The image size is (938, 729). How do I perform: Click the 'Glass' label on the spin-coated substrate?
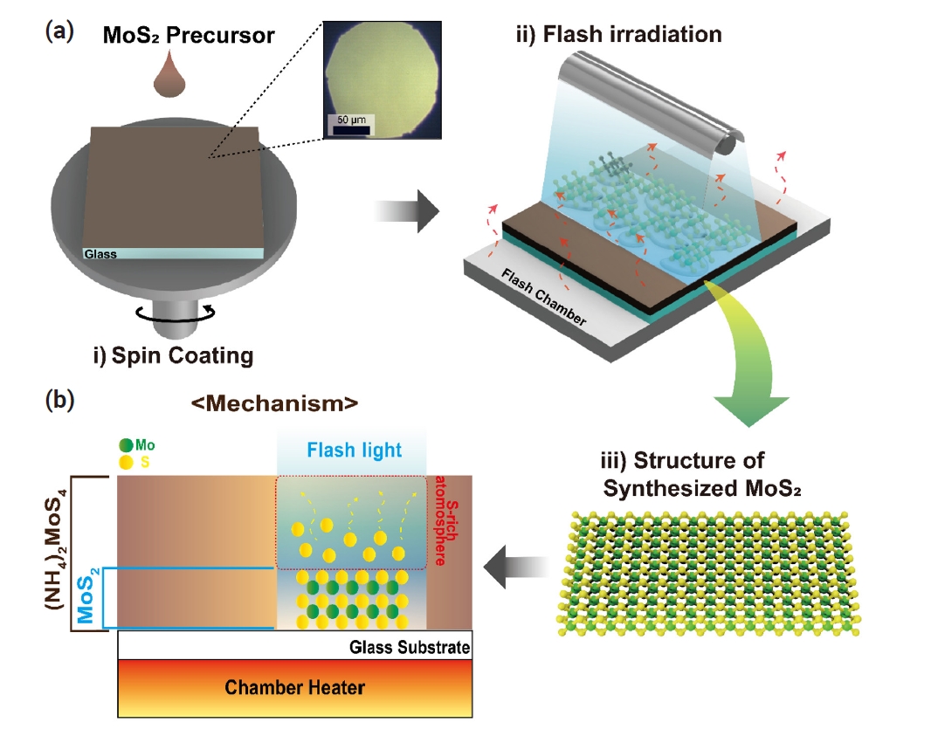(x=99, y=255)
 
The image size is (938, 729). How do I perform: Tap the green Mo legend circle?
(x=128, y=443)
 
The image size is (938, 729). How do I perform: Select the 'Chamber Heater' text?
(x=294, y=687)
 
